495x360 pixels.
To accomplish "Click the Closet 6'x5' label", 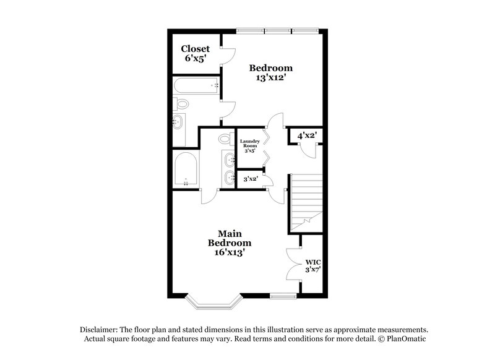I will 195,53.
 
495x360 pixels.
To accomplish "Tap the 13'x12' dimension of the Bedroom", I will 270,79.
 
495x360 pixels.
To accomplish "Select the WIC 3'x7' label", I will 311,266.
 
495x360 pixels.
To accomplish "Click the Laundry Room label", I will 249,146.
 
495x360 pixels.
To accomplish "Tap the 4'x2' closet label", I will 307,135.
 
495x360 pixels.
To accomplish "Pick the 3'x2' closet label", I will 249,179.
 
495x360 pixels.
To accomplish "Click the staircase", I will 306,201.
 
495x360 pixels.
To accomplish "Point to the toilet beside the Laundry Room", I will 225,141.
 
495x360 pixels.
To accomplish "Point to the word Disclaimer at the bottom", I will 101,329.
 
